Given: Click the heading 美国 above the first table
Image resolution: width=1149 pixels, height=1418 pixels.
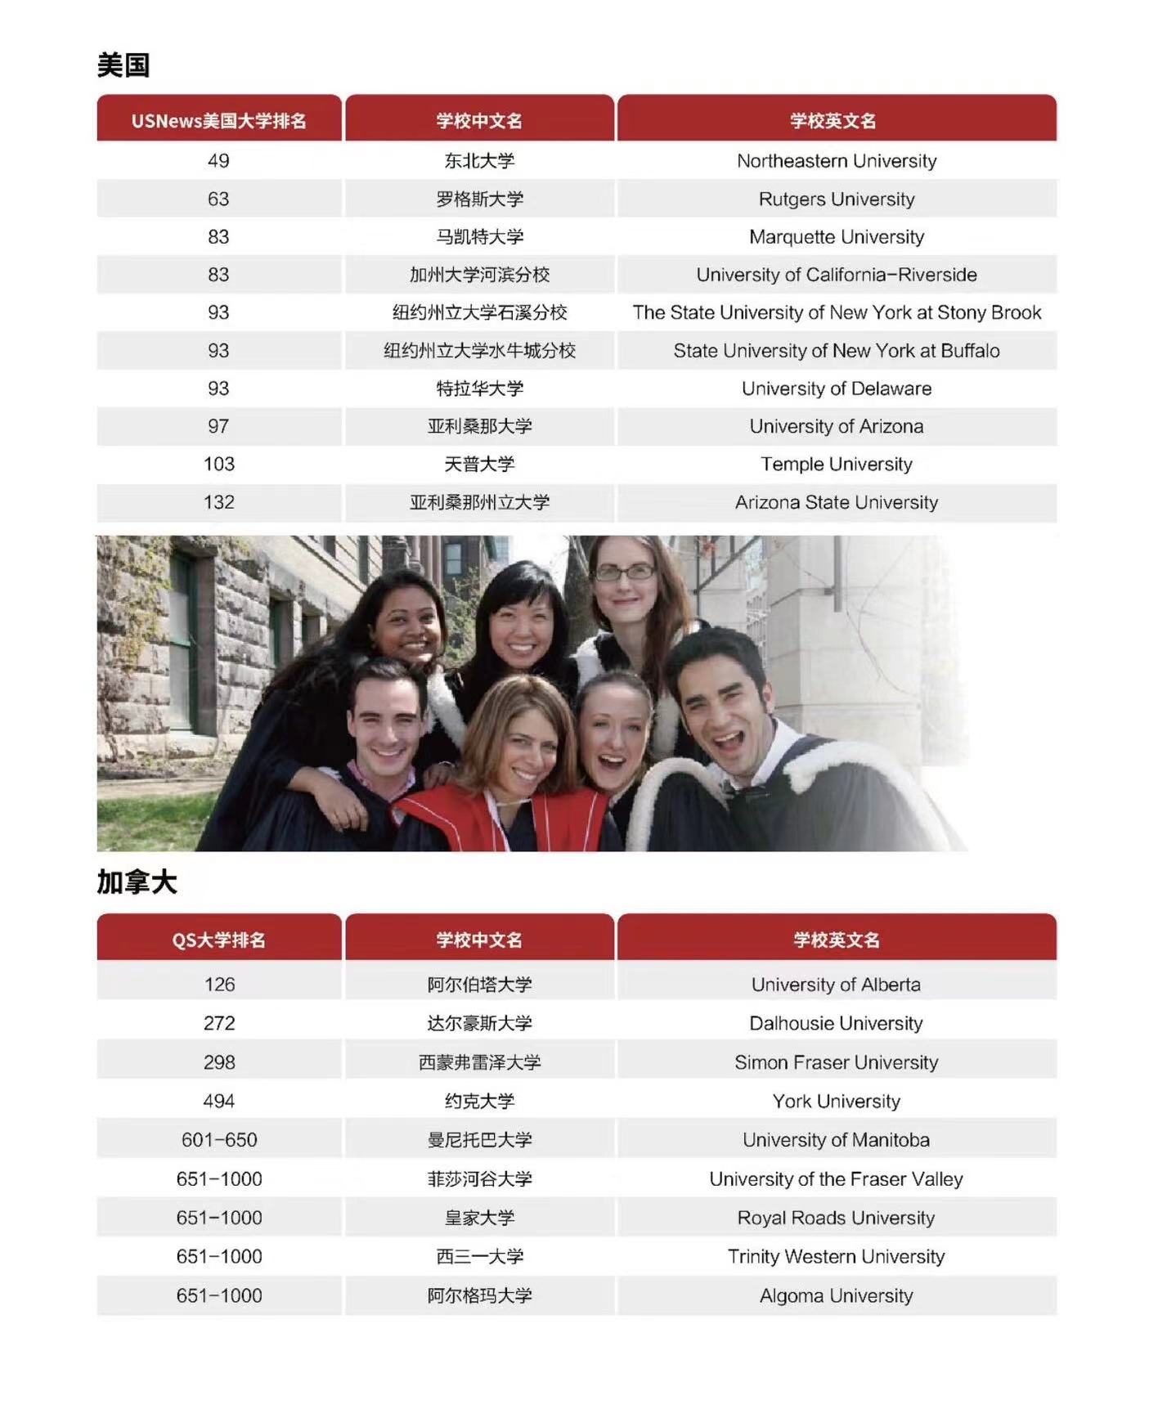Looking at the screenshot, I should tap(123, 65).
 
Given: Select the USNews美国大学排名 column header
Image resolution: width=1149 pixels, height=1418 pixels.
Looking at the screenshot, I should tap(218, 121).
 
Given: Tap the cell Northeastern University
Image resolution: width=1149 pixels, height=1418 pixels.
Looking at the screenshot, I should tap(836, 161).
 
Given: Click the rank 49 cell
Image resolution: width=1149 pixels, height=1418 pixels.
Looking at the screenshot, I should tap(218, 161).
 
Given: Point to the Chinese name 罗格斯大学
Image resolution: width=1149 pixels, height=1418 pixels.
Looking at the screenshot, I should tap(479, 200).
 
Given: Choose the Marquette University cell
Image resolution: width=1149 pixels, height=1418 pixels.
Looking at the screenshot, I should tap(836, 237).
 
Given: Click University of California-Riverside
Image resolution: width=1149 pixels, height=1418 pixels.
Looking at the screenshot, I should tap(836, 275).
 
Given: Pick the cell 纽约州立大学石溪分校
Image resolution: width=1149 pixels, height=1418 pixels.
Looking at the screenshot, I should tap(479, 312).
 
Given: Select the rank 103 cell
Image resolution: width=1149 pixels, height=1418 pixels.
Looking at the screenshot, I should tap(218, 464).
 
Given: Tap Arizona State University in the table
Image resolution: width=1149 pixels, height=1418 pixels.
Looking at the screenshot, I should tap(836, 502).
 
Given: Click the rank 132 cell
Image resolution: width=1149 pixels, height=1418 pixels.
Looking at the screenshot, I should tap(218, 502).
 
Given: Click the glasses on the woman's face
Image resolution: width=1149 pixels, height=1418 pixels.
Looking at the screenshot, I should tap(624, 572).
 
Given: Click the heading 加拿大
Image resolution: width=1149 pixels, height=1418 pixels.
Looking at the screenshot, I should tap(137, 882).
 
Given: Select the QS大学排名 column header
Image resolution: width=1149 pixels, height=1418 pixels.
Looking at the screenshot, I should tap(218, 940).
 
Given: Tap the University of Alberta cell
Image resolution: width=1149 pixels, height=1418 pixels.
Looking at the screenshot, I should tap(836, 985).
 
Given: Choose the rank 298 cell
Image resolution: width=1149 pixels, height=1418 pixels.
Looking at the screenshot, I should tap(218, 1062).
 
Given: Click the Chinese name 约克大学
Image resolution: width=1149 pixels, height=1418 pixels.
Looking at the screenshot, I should tap(479, 1102).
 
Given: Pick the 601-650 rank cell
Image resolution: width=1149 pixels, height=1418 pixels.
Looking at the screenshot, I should tap(218, 1140).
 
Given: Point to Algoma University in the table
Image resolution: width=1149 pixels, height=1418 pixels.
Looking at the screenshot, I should tap(836, 1296).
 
